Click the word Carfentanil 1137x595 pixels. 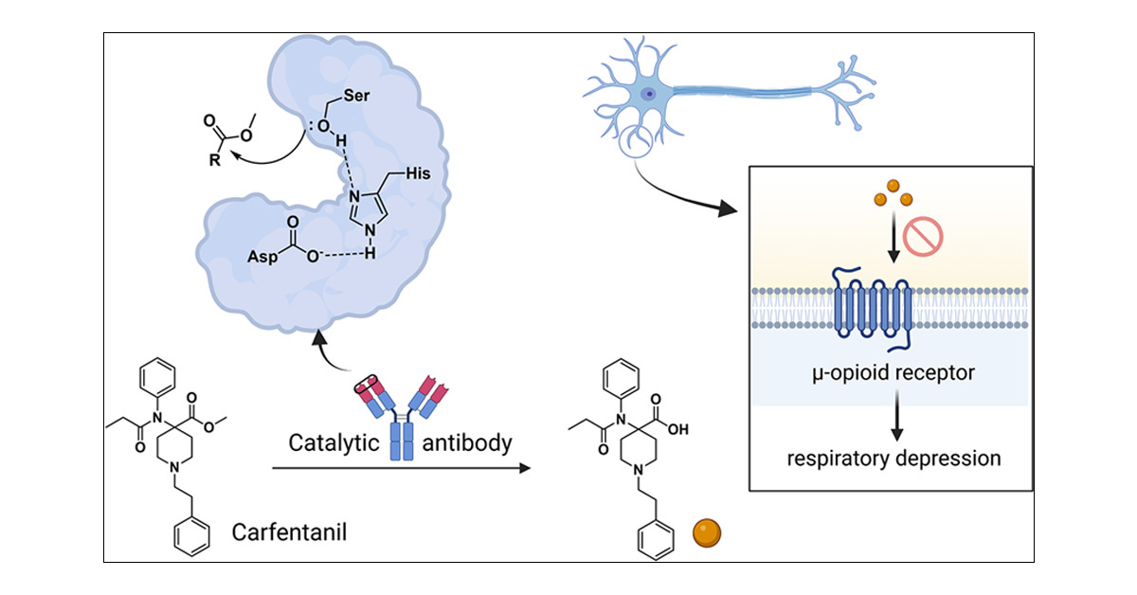click(x=289, y=532)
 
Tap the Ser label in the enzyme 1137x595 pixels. click(x=356, y=96)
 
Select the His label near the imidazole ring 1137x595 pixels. click(x=418, y=173)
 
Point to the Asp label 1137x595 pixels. click(x=262, y=257)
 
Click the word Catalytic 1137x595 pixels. click(x=334, y=443)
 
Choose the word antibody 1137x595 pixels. click(x=467, y=442)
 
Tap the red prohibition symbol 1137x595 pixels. click(x=923, y=236)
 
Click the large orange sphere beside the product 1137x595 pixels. click(x=707, y=533)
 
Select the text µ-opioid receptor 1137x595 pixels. click(x=893, y=373)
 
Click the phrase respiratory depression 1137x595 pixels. click(x=893, y=459)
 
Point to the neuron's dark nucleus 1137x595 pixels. click(x=648, y=94)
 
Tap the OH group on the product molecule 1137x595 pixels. click(x=677, y=429)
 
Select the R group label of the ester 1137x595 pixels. click(x=215, y=160)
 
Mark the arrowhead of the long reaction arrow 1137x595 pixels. click(x=525, y=468)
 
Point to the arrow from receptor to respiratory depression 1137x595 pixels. click(x=897, y=416)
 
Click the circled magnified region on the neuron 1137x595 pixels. click(x=635, y=141)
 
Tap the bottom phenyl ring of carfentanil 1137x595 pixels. click(x=191, y=536)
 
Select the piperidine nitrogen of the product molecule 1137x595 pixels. click(x=638, y=470)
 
